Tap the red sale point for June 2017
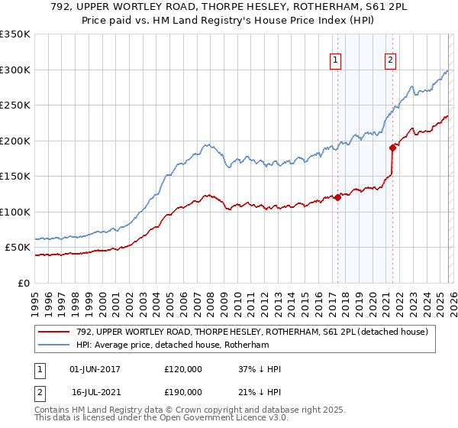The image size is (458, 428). click(x=337, y=198)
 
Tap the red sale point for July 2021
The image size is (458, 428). click(x=392, y=148)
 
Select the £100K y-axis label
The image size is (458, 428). click(x=15, y=212)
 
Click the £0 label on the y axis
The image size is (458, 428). click(x=24, y=283)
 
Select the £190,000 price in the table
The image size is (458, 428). click(x=182, y=391)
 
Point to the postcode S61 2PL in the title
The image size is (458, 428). click(x=330, y=8)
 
